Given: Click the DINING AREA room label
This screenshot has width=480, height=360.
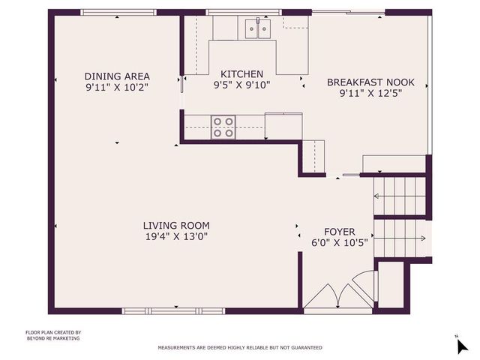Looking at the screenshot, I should coord(117,76).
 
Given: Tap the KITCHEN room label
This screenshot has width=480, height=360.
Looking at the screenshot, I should coord(241,74).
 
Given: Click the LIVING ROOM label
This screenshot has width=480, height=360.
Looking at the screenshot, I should coord(176,225).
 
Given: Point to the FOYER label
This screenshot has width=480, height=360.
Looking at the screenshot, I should coord(339,232).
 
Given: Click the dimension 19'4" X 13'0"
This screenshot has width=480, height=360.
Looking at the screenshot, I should coord(176,236).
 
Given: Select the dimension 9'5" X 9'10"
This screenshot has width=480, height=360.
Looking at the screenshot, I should coord(241,85).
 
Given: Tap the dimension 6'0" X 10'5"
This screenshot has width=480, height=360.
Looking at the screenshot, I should coord(339,242).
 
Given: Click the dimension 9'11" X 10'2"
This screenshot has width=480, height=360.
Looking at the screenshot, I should coord(117,87).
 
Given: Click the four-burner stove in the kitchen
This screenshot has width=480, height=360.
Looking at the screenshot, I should coord(223,127).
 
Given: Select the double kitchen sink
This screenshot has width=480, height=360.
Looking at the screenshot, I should coord(256,28).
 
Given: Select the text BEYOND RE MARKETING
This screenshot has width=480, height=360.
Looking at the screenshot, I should coord(52,338).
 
